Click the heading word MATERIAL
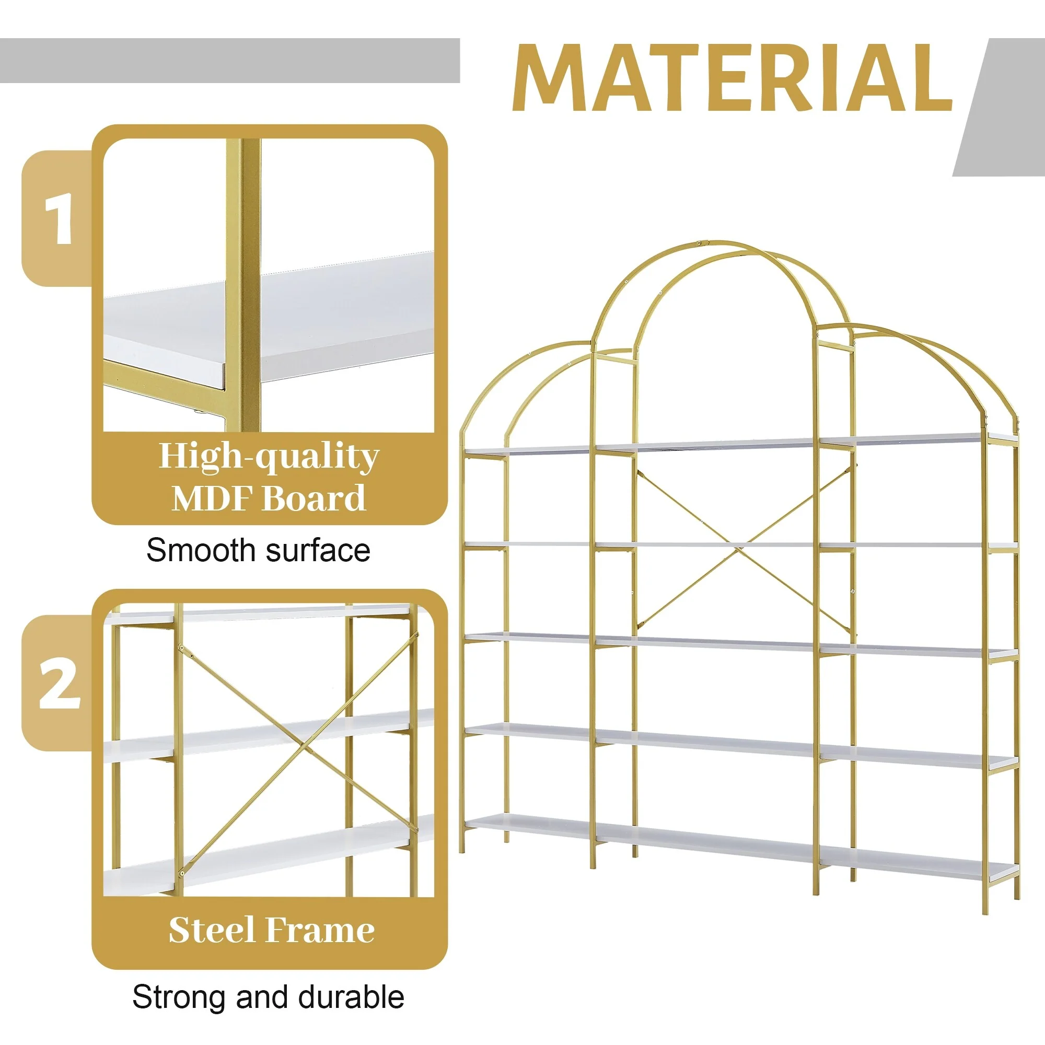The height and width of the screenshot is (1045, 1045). [x=732, y=78]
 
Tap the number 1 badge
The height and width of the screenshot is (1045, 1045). [x=58, y=219]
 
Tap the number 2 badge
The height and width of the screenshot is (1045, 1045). [x=59, y=684]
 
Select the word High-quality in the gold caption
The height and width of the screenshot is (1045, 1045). [x=269, y=457]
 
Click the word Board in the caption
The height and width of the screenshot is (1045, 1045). [x=313, y=498]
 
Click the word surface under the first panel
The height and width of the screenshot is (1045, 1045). [x=319, y=551]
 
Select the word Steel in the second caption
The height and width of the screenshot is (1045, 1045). [x=211, y=931]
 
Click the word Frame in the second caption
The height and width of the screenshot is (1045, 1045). [x=320, y=931]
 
